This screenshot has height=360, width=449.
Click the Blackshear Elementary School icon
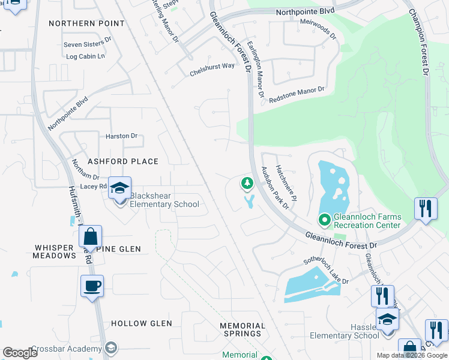coord(120,189)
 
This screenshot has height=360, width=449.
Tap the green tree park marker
coord(246,183)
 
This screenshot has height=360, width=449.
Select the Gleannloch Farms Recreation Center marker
coord(325,221)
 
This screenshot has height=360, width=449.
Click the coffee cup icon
coord(92,287)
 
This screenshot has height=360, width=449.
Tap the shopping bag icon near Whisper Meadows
coord(90,236)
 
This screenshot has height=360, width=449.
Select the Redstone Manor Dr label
coord(297,94)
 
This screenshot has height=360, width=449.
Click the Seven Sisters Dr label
coord(88,45)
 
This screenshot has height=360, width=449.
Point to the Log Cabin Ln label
coord(85,56)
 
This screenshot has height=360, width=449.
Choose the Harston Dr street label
coord(122,136)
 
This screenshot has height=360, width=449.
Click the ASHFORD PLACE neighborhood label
coord(123,161)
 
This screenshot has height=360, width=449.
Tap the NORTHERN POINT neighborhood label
coord(86,23)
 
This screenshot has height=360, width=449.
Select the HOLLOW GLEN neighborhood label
coord(142,323)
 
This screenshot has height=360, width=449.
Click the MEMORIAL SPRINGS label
coord(241,329)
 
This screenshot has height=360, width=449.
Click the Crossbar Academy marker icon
coord(110,347)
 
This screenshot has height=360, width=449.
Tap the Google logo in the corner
coord(20,353)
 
